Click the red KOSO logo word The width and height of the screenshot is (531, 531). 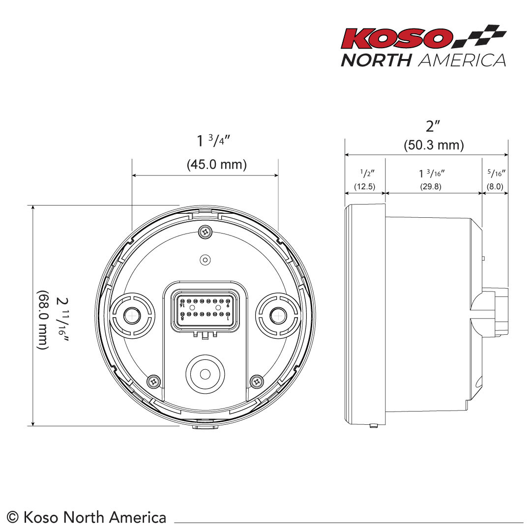pyautogui.click(x=397, y=38)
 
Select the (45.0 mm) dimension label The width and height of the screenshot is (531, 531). pyautogui.click(x=217, y=164)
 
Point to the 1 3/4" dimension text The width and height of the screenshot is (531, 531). pyautogui.click(x=213, y=141)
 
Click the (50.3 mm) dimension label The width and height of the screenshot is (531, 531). pyautogui.click(x=434, y=145)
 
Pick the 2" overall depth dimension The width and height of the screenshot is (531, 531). pyautogui.click(x=433, y=126)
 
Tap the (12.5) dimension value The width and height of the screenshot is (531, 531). pyautogui.click(x=365, y=187)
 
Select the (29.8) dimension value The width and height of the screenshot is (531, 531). pyautogui.click(x=430, y=187)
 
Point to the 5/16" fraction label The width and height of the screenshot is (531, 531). pyautogui.click(x=496, y=173)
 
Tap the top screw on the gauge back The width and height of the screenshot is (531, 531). pyautogui.click(x=205, y=231)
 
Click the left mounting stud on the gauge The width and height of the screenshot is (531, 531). pyautogui.click(x=131, y=315)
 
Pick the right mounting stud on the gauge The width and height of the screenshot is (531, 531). pyautogui.click(x=278, y=315)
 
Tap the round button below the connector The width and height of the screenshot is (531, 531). pyautogui.click(x=205, y=374)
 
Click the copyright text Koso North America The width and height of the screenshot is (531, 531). pyautogui.click(x=88, y=517)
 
